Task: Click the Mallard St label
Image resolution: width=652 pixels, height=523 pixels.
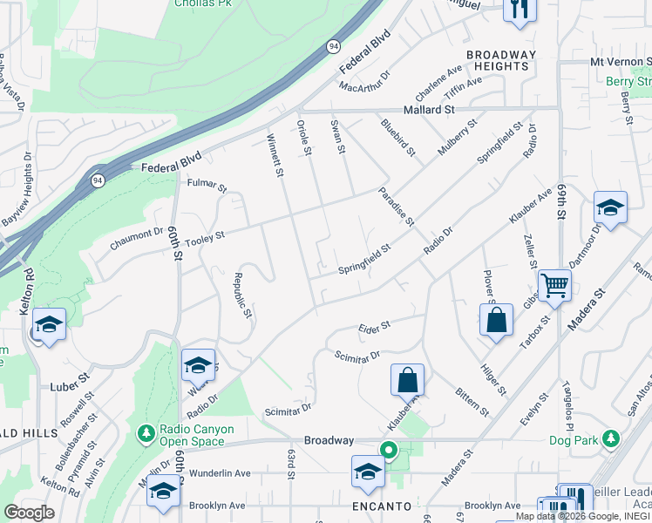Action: (x=429, y=110)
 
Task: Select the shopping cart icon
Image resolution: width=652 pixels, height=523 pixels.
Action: (x=554, y=284)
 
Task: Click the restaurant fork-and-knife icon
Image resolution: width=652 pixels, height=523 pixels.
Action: (x=520, y=10)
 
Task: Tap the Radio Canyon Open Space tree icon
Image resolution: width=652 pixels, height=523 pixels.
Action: (x=146, y=431)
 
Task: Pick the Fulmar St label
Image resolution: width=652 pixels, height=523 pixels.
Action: (x=207, y=187)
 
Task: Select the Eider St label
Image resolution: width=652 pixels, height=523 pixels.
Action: (x=374, y=327)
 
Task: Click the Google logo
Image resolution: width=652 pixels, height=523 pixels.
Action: (x=29, y=513)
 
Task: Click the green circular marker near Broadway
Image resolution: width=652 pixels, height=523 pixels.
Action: (x=389, y=451)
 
